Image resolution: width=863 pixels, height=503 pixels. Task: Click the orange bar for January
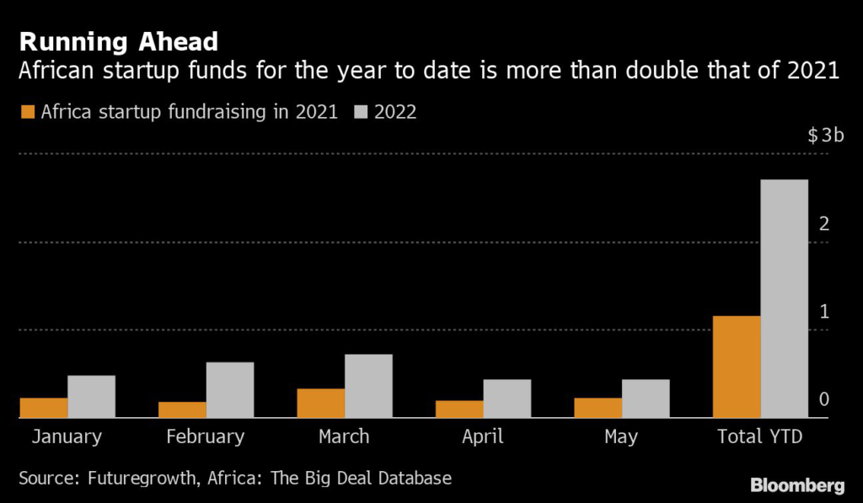click(44, 408)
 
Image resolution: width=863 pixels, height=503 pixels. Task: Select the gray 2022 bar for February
click(230, 389)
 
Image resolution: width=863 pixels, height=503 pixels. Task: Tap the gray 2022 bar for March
click(368, 386)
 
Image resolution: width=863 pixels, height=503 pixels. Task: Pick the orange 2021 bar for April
click(459, 409)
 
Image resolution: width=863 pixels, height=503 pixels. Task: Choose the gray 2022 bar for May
click(646, 398)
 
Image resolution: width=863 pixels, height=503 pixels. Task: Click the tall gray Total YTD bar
click(784, 298)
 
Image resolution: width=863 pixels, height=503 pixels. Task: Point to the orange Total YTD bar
click(737, 367)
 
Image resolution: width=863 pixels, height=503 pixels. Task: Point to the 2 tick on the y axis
click(824, 224)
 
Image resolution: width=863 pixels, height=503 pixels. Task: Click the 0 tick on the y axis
click(824, 399)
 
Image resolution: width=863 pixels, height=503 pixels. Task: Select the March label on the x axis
click(344, 436)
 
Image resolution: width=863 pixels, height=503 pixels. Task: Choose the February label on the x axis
click(206, 436)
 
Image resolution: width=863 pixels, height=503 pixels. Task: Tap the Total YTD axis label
click(759, 436)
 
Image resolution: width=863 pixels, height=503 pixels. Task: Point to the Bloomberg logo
click(797, 485)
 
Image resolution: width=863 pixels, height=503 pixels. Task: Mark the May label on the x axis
click(621, 436)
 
